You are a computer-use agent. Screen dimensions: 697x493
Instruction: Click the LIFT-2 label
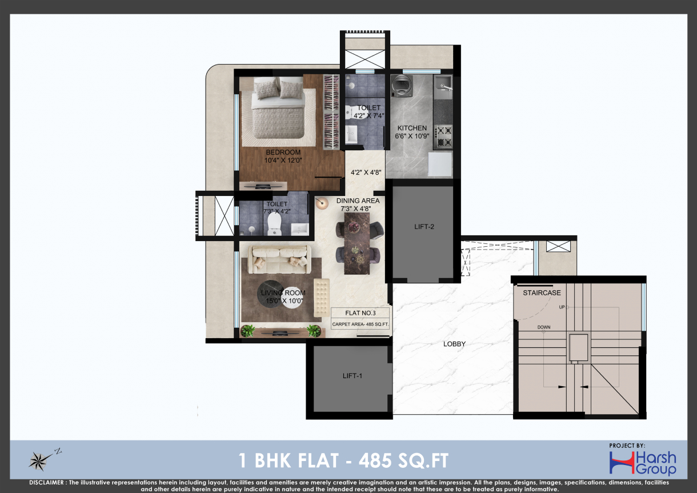424,227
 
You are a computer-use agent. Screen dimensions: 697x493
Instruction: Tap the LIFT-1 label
352,376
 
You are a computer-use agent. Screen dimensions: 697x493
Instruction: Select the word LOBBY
454,344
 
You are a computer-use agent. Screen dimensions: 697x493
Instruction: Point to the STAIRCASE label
542,292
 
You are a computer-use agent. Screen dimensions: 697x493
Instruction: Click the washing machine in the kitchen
402,86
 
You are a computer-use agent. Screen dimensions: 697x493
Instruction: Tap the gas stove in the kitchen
443,136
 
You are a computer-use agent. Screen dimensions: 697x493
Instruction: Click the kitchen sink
443,86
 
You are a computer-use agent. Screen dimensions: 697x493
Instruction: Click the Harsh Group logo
643,463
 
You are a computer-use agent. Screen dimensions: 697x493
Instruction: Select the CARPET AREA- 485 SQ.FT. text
360,324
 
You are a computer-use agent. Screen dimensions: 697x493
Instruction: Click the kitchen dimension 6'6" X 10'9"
412,136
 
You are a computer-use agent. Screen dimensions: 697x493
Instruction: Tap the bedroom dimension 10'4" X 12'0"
283,161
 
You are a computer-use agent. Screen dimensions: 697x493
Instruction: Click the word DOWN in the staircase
543,327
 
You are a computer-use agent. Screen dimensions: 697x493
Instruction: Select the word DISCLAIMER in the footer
46,482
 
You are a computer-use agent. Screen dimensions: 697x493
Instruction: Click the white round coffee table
293,297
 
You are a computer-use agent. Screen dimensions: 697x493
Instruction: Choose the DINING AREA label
358,201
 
